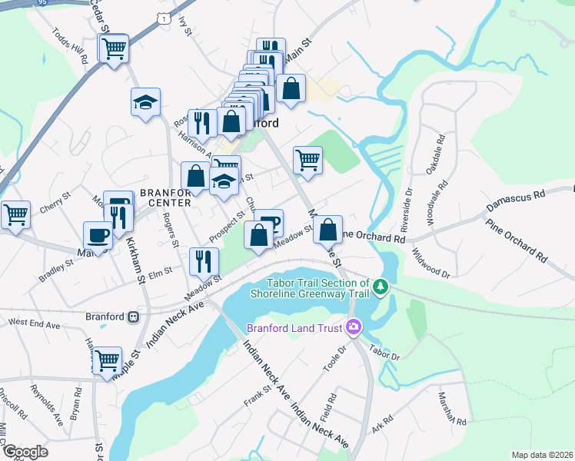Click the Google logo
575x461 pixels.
(25, 452)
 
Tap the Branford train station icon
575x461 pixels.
(134, 317)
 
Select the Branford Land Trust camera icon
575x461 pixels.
(354, 327)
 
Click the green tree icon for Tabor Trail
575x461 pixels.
(380, 287)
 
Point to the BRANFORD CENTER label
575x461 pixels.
(165, 197)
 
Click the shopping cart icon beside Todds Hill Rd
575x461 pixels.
(114, 49)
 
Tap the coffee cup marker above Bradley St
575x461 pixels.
(98, 234)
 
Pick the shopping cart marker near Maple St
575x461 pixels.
(107, 359)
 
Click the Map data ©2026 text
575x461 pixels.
(542, 455)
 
